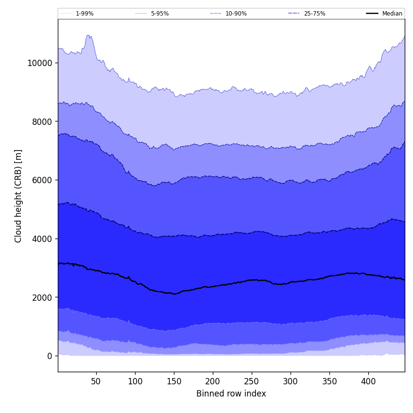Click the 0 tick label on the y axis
[x=49, y=356]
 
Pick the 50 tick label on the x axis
[x=96, y=381]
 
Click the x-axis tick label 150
[x=174, y=381]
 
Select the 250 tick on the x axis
[x=252, y=381]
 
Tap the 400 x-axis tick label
[x=368, y=381]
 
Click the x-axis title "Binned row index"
[x=231, y=394]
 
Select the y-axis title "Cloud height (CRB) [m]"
[x=18, y=196]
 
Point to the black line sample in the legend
[x=373, y=14]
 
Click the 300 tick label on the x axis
[x=291, y=381]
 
